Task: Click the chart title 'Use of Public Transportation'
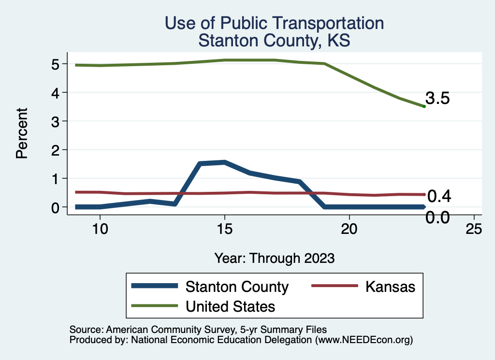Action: coord(274,23)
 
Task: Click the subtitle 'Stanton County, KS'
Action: coord(274,41)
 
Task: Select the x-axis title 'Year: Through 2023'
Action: coord(274,258)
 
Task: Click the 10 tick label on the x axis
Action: coord(100,229)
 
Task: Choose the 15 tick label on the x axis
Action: coord(225,229)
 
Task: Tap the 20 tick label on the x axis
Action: coord(349,229)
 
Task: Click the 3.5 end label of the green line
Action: coord(438,99)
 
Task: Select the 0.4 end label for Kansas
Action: coord(439,196)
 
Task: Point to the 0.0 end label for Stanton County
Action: coord(437,217)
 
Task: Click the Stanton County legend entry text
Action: coord(237,287)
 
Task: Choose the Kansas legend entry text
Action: coord(390,287)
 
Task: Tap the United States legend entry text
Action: coord(230,306)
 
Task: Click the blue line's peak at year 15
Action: coord(225,162)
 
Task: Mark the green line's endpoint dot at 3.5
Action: coord(424,106)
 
